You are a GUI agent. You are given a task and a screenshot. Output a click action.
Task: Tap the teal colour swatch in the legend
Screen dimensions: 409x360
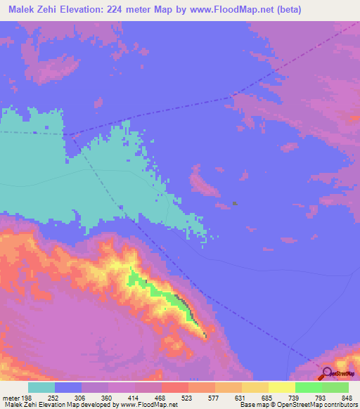(41, 387)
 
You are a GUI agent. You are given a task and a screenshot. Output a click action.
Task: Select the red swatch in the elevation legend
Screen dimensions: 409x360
(175, 387)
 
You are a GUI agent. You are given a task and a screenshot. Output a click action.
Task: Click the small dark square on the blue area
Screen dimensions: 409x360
(235, 204)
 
